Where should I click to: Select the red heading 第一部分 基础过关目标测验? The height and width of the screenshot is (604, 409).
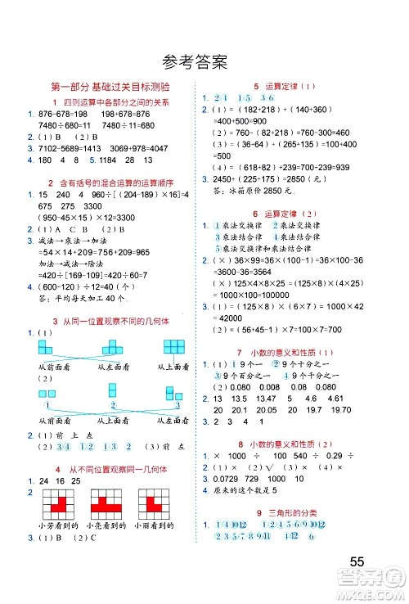(110, 86)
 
